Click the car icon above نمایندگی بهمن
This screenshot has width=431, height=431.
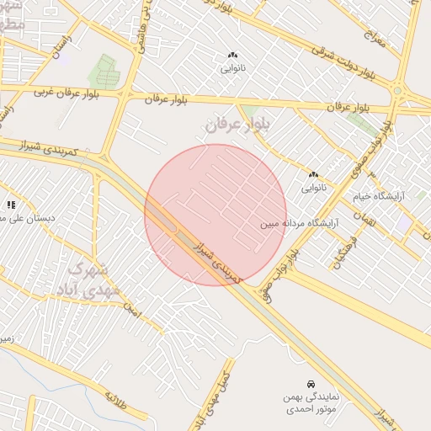click(311, 383)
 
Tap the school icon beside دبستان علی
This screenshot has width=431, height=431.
click(11, 204)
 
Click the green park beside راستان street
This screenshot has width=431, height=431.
click(104, 69)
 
